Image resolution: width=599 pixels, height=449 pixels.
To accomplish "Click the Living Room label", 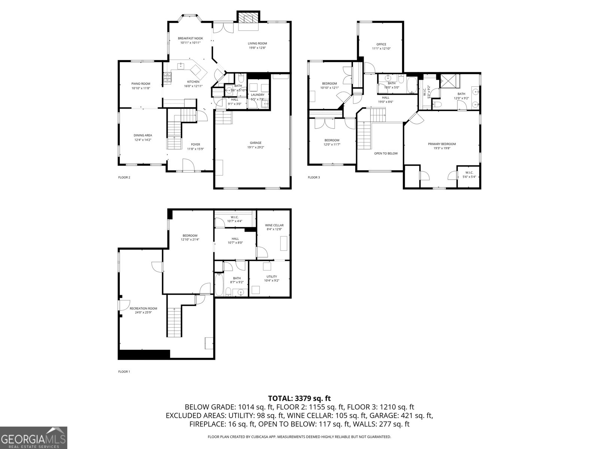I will pos(258,43).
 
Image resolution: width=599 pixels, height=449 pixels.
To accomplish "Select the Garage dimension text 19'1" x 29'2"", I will pos(256,147).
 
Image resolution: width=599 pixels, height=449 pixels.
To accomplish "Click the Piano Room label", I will pos(140,84).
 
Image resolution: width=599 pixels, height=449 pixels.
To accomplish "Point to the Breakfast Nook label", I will pos(190,38).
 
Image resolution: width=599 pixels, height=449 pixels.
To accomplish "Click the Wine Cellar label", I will pos(274,225).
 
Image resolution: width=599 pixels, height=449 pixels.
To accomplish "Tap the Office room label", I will pos(381,44).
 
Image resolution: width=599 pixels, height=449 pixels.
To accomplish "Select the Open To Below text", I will pos(386,153).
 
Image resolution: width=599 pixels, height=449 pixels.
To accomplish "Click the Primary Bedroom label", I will pos(442,144).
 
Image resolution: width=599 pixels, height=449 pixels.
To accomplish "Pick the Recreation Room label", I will pos(143,308).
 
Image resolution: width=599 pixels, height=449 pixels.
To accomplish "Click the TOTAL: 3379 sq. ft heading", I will pos(299,398).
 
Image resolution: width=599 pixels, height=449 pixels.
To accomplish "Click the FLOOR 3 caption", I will pos(314,177).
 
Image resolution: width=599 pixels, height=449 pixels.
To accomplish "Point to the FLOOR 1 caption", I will pos(124,372).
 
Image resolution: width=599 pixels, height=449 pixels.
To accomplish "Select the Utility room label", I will pos(272,277).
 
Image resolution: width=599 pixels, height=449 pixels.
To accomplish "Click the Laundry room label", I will pos(258,95).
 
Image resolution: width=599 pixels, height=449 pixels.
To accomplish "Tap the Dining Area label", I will pos(143,135).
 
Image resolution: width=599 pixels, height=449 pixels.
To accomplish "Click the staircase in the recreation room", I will pos(174,322).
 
